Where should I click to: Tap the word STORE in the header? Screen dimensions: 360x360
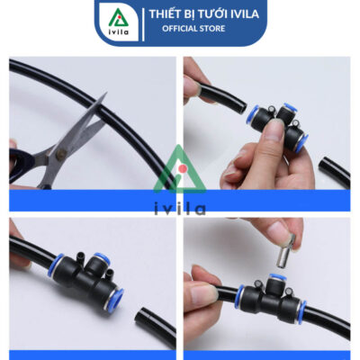(x=212, y=29)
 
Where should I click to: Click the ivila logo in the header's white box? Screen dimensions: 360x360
(x=119, y=22)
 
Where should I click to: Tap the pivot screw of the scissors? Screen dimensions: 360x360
(x=62, y=154)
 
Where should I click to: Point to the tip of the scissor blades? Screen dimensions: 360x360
(x=106, y=93)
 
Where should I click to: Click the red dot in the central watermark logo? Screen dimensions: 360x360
(x=182, y=168)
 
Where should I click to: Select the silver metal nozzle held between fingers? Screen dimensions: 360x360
(x=284, y=252)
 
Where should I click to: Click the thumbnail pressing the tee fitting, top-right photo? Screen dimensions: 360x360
(x=275, y=130)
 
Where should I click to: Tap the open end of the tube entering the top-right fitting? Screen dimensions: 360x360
(x=242, y=108)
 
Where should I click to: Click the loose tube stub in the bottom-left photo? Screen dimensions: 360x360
(x=155, y=323)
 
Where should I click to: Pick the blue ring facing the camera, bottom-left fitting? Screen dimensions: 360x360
(x=114, y=301)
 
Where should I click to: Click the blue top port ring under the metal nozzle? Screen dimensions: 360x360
(x=277, y=277)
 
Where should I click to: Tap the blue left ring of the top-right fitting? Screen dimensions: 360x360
(x=251, y=114)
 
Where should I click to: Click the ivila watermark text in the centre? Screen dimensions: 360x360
(x=180, y=209)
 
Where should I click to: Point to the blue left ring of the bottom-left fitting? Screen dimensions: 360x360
(x=55, y=265)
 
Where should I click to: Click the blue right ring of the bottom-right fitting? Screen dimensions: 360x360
(x=301, y=311)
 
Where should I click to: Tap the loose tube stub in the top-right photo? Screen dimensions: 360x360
(x=335, y=172)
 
